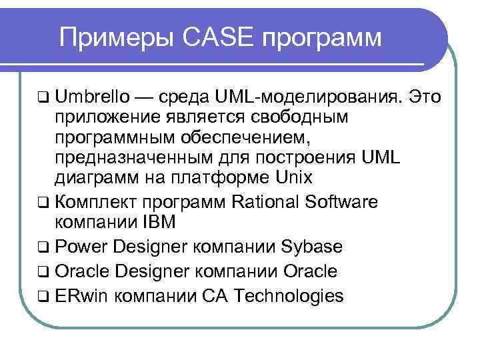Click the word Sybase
click(313, 247)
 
